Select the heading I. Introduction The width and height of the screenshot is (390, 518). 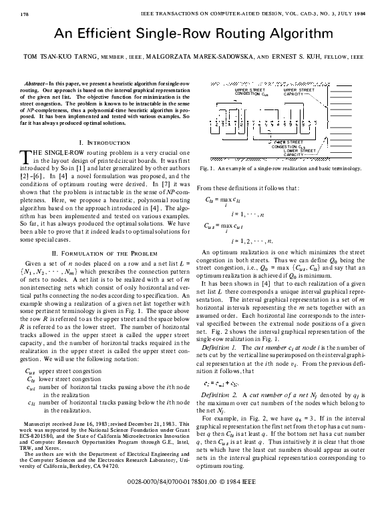(x=104, y=144)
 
